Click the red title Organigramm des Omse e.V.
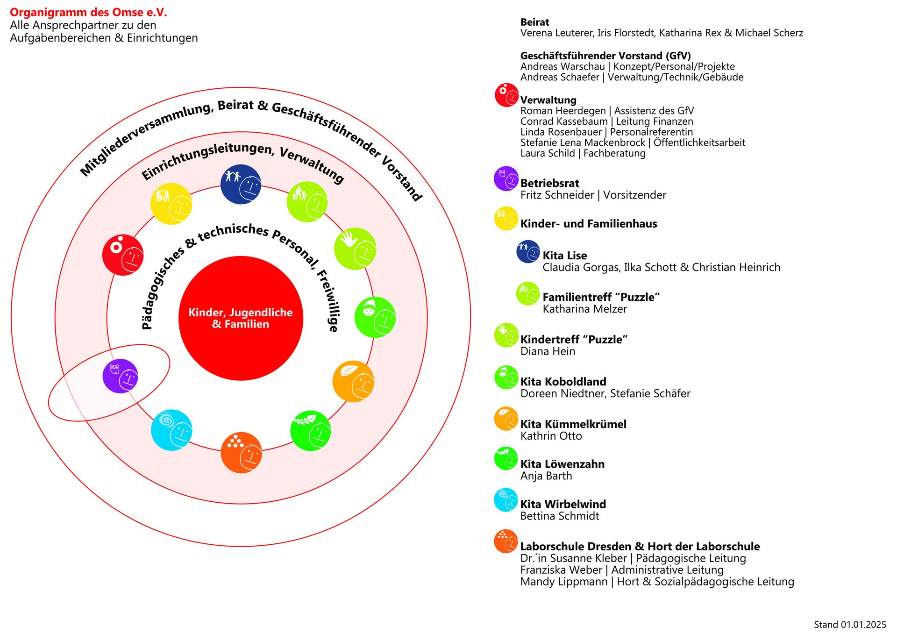(x=88, y=13)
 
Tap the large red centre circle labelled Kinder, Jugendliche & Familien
(x=241, y=318)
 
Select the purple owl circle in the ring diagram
(x=121, y=376)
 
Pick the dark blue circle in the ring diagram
(x=241, y=185)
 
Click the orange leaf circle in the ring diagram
(x=353, y=381)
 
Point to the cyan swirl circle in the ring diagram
(x=171, y=430)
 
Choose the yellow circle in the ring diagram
(x=171, y=204)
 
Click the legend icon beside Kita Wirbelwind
(x=506, y=500)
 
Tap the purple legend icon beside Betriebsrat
(x=506, y=178)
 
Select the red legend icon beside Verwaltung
(x=506, y=95)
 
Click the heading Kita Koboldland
(x=563, y=382)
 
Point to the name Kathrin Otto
(x=551, y=436)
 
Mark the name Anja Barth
(x=546, y=476)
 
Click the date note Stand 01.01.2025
(x=849, y=625)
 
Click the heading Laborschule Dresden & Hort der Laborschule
(x=640, y=546)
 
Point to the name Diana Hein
(x=548, y=351)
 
